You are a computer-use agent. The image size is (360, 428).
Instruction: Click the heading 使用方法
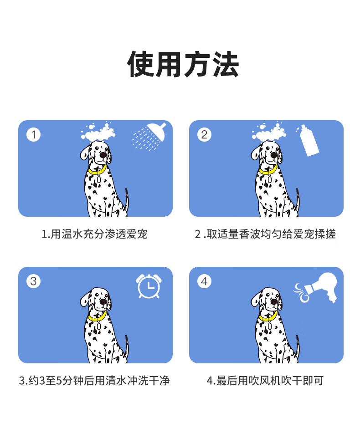tap(183, 64)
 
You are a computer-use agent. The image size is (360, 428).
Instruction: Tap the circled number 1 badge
tap(34, 135)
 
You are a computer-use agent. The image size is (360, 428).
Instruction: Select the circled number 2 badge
tap(204, 135)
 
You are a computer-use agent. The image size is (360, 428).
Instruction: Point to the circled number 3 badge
tap(34, 281)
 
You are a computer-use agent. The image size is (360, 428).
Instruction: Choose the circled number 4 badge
tap(204, 281)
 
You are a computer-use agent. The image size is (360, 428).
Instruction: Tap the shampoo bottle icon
tap(309, 141)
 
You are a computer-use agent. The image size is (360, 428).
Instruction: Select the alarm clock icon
tap(149, 286)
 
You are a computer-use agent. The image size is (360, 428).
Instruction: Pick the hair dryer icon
tap(318, 287)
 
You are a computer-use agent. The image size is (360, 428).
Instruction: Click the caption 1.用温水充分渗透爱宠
tap(94, 234)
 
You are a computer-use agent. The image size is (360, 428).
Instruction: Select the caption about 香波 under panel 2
tap(265, 234)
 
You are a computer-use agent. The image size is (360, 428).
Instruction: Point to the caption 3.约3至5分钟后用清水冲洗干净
tap(94, 381)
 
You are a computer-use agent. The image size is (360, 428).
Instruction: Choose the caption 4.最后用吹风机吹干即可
tap(265, 381)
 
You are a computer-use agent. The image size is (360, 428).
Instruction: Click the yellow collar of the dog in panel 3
tap(97, 316)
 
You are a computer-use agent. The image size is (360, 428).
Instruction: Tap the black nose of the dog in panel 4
tap(274, 301)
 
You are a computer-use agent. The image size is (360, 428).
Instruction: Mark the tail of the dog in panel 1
tap(127, 199)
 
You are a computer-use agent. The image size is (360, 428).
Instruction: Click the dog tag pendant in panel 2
tap(270, 179)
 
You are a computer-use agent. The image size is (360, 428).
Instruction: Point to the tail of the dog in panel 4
tap(298, 346)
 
